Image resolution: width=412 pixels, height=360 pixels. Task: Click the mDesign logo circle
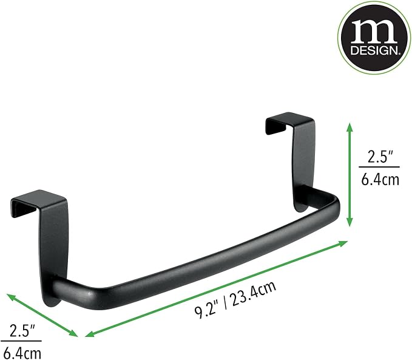click(x=375, y=37)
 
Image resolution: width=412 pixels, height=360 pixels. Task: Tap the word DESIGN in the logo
click(x=375, y=50)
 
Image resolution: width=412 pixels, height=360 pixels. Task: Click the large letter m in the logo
click(x=374, y=31)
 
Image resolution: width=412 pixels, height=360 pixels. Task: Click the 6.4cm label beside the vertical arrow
click(x=380, y=180)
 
